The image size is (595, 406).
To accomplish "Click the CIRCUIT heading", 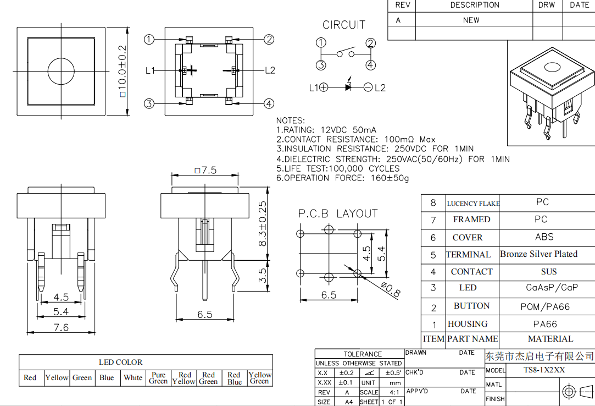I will tap(343, 25).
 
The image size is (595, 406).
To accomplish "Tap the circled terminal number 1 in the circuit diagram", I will tap(321, 43).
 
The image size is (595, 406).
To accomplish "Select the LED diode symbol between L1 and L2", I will tap(348, 87).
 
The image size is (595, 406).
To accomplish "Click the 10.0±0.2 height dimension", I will tap(122, 71).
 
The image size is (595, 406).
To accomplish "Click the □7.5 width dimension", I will tap(205, 170).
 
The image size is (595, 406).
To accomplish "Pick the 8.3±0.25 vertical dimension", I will tap(263, 223).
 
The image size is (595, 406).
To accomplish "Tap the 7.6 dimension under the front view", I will tap(61, 327).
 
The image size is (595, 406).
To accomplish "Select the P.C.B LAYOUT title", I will tap(338, 213).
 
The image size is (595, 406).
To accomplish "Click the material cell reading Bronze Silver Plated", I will tap(538, 254).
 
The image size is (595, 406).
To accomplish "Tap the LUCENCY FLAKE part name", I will tap(472, 204).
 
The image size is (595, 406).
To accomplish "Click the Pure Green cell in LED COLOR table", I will tap(158, 378).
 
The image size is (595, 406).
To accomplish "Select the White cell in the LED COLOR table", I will tap(133, 378).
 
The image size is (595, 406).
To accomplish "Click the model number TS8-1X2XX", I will tap(543, 370).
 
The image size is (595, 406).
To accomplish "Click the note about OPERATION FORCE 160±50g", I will tap(342, 178).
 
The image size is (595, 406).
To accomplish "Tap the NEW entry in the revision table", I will tap(471, 20).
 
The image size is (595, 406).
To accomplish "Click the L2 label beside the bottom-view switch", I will tap(269, 70).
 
